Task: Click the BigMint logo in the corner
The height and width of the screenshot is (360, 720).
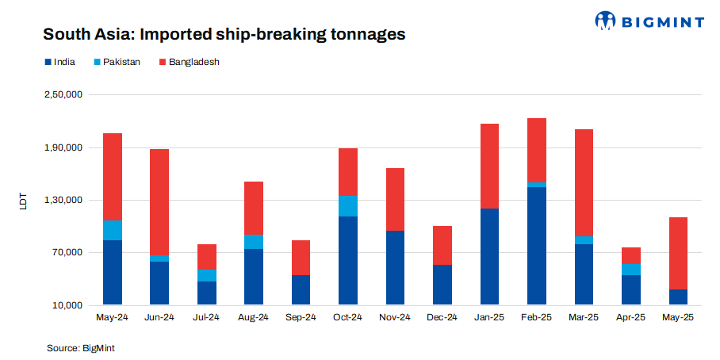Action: pos(649,21)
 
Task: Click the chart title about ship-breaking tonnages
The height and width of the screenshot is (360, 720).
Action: pos(224,35)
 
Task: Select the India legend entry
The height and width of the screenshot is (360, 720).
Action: pos(59,62)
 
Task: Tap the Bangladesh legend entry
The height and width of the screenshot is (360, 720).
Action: pos(189,62)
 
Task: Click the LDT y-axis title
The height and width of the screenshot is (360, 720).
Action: pos(23,201)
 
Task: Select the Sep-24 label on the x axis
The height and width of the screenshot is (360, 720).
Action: pos(301,317)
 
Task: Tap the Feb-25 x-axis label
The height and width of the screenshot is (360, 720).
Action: pos(536,317)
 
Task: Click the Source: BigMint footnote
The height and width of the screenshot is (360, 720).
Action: pos(82,347)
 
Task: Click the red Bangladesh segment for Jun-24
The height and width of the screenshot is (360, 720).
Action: pos(159,202)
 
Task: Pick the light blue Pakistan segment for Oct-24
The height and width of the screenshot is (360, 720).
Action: pos(347,206)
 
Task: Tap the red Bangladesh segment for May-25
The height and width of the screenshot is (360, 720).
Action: pos(678,253)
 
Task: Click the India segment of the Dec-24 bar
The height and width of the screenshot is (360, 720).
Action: pos(442,285)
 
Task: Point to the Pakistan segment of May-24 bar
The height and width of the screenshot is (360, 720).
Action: pos(112,230)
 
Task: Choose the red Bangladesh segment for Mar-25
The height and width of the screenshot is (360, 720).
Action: pos(584,182)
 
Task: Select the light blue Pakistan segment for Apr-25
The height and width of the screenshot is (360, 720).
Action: pos(630,270)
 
